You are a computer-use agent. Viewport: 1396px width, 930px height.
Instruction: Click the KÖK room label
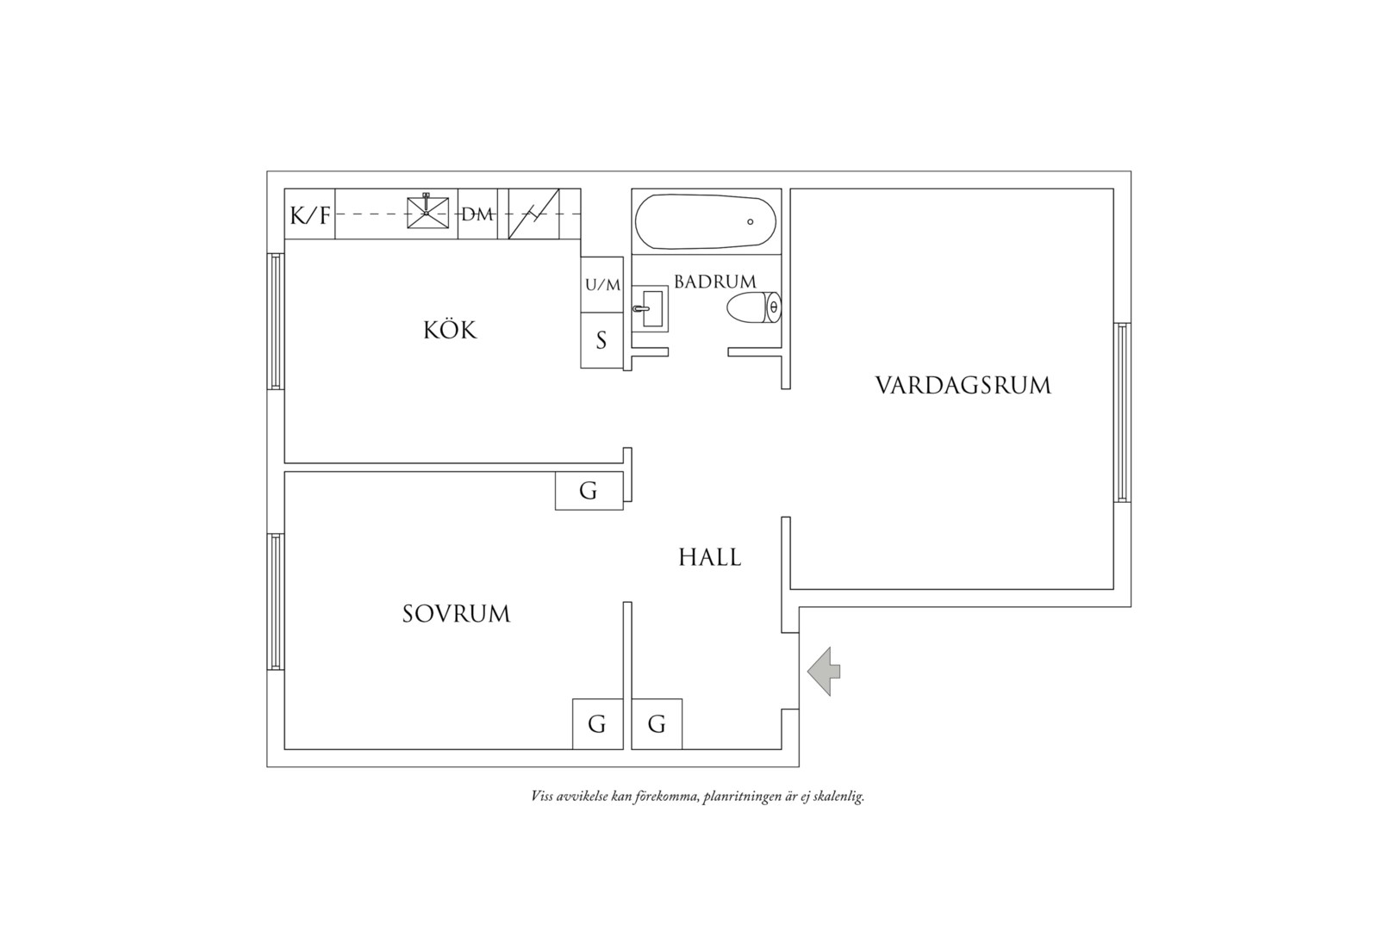450,330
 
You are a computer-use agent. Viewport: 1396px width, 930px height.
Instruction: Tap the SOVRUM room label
456,614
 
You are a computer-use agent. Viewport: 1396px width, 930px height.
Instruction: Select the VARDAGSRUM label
963,386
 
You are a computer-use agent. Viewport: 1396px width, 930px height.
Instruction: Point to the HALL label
710,557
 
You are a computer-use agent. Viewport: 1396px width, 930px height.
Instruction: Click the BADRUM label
715,282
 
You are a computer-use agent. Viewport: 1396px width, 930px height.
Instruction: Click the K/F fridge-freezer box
309,214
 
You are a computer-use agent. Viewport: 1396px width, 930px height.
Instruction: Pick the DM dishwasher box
477,214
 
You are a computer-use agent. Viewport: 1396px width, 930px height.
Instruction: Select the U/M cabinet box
602,285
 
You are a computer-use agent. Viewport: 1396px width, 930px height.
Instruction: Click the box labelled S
602,340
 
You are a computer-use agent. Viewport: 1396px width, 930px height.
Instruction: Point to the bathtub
706,222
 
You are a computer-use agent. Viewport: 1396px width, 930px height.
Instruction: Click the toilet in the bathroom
754,307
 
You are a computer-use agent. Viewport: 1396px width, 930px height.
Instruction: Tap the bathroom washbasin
650,309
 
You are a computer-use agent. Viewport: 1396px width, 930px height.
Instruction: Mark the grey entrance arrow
824,671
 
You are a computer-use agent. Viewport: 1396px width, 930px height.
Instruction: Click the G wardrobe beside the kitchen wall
589,491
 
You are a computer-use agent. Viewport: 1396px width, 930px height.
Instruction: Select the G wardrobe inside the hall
657,724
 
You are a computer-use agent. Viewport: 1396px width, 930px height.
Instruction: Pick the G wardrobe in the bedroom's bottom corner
598,724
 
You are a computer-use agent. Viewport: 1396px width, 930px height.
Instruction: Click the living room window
1123,412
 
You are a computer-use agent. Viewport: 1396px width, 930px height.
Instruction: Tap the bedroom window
276,602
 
